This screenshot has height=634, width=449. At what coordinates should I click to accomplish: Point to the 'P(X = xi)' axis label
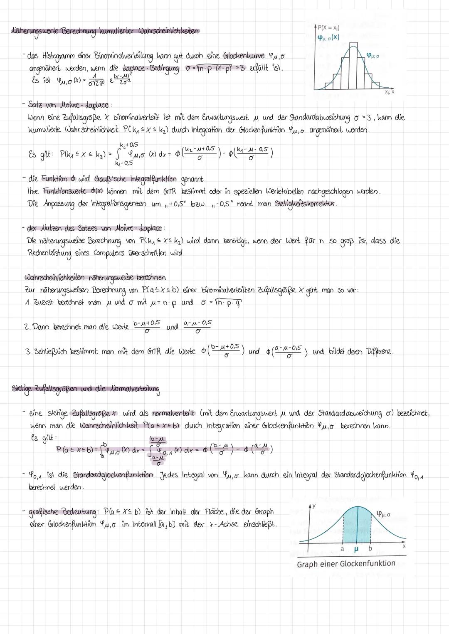pyautogui.click(x=328, y=28)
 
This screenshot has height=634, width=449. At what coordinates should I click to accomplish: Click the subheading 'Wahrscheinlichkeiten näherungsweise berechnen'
pyautogui.click(x=96, y=277)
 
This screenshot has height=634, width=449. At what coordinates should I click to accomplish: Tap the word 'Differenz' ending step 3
pyautogui.click(x=378, y=352)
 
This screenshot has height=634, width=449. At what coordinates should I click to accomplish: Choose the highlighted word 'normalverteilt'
pyautogui.click(x=173, y=413)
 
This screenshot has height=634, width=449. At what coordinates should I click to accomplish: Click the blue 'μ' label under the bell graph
pyautogui.click(x=356, y=549)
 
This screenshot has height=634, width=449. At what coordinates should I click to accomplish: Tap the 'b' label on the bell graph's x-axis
pyautogui.click(x=370, y=549)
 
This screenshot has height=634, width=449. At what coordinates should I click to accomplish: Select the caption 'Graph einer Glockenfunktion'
pyautogui.click(x=346, y=564)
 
